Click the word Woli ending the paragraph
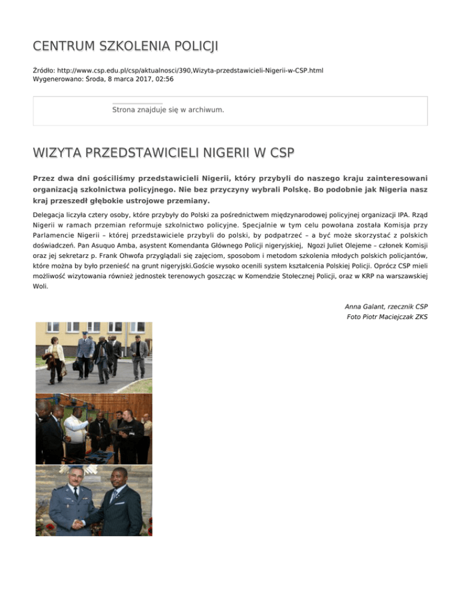click(40, 287)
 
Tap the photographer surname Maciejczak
click(396, 317)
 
